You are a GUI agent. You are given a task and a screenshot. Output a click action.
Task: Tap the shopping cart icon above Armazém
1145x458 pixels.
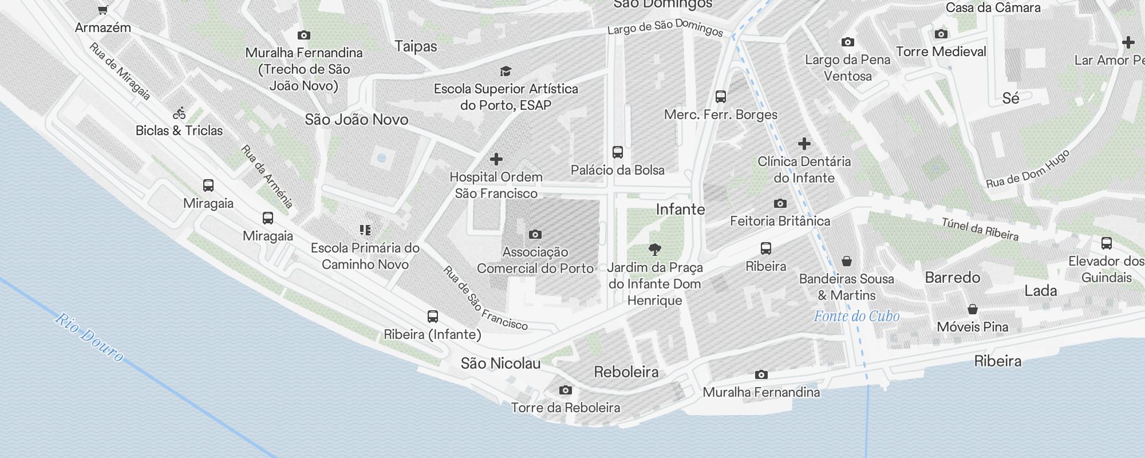102,9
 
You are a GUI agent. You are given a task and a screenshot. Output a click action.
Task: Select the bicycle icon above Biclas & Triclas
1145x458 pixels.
180,113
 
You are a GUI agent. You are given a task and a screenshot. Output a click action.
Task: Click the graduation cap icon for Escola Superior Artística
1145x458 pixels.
505,72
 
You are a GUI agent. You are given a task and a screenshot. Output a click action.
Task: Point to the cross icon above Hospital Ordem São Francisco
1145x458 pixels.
496,159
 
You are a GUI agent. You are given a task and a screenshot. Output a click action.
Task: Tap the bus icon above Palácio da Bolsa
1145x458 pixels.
617,152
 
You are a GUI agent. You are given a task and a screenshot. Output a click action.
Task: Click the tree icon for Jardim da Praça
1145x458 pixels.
655,249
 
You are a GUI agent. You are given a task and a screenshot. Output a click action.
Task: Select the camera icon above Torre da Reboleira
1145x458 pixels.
565,390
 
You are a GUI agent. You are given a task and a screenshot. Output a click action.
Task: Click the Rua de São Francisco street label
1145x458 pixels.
485,298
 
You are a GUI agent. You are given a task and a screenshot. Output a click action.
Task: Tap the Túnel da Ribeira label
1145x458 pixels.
980,229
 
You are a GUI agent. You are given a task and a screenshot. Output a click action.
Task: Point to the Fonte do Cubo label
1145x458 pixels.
856,316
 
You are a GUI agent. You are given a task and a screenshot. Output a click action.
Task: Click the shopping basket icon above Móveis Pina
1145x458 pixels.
972,310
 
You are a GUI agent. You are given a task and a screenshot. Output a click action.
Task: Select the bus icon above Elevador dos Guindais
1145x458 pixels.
1106,243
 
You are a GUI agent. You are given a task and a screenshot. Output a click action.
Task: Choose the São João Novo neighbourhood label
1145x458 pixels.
357,120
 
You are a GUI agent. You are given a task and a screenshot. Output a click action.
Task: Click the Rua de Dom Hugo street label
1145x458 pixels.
1027,169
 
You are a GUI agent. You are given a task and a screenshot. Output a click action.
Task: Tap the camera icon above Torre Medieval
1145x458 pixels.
941,34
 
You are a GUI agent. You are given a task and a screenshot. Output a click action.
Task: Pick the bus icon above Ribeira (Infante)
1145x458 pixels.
433,317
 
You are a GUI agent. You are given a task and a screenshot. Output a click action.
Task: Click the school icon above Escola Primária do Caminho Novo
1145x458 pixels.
365,230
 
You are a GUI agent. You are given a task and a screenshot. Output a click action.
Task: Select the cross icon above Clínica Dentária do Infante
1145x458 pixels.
804,144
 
